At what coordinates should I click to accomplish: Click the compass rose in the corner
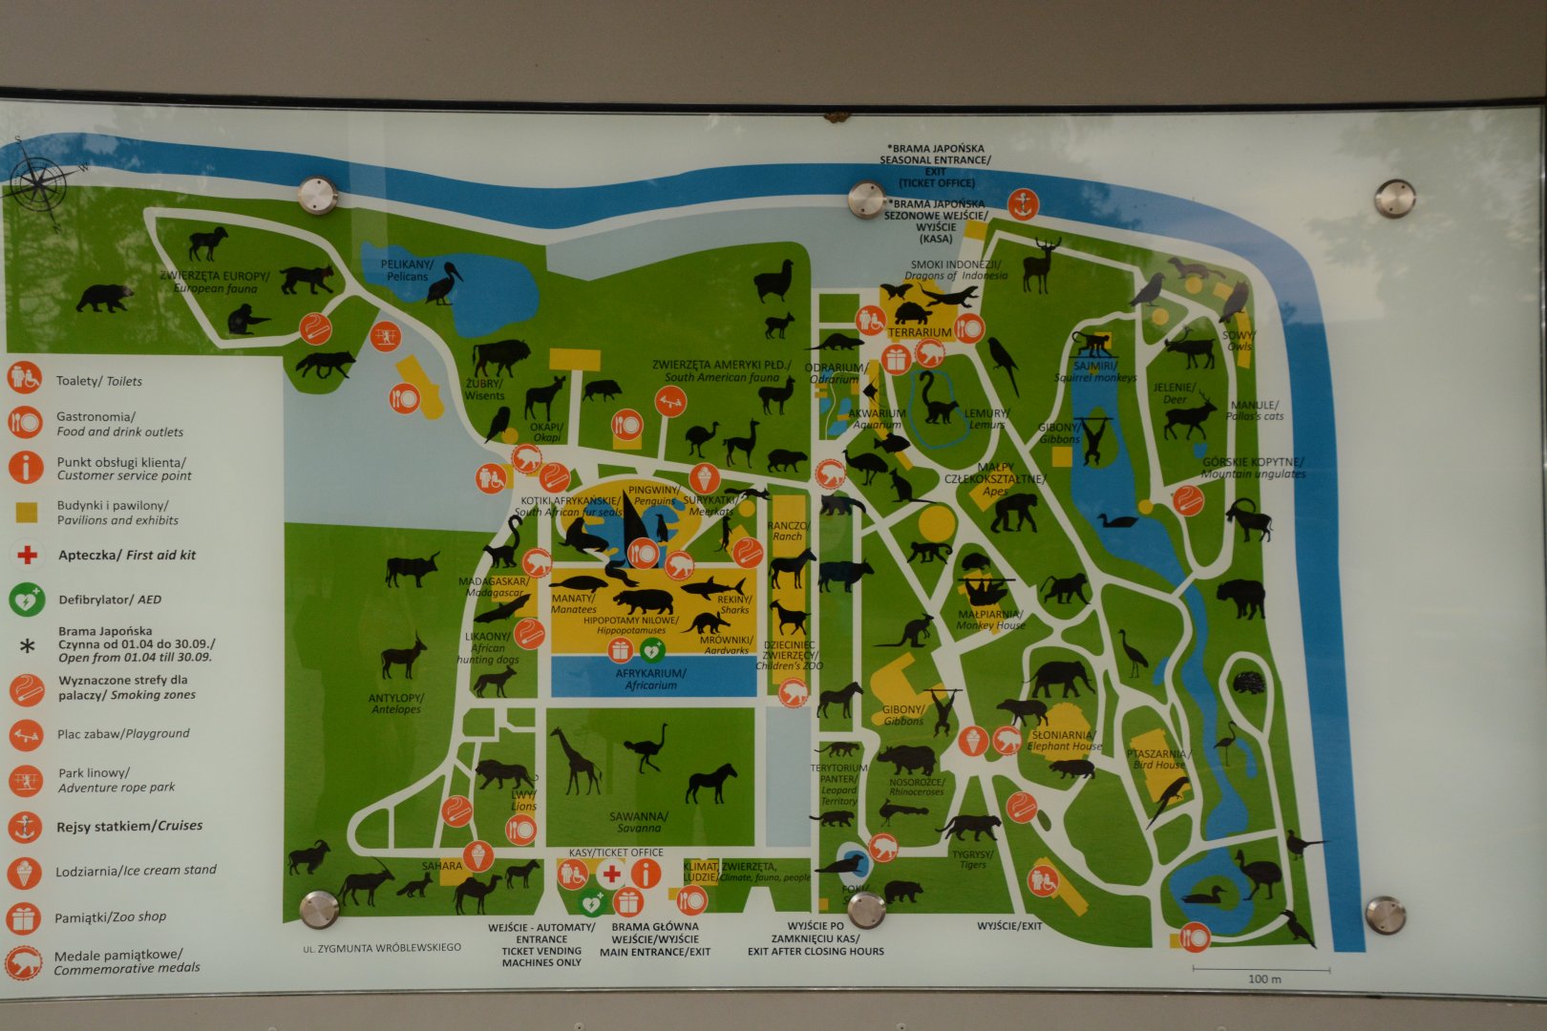pos(39,181)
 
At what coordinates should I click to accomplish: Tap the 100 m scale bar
pos(1262,972)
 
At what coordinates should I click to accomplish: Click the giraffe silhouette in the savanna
pos(576,760)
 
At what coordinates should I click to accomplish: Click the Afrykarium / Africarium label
pos(651,679)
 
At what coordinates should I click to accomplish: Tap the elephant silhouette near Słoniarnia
pos(1061,679)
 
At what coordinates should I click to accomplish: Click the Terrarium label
pos(919,332)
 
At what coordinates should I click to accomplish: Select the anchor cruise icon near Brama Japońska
pos(1022,203)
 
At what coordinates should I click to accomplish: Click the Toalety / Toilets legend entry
pos(98,381)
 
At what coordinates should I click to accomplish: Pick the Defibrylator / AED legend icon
pos(26,600)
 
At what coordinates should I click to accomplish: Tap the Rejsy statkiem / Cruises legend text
pos(129,826)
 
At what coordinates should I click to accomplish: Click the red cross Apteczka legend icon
pos(27,555)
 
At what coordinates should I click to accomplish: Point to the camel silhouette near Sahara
pos(477,894)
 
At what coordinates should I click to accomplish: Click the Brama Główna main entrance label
pos(655,938)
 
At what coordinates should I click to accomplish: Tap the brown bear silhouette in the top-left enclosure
pos(104,297)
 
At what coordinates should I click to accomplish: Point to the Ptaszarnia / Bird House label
pos(1157,759)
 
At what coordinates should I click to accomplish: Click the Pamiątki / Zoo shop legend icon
pos(24,917)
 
